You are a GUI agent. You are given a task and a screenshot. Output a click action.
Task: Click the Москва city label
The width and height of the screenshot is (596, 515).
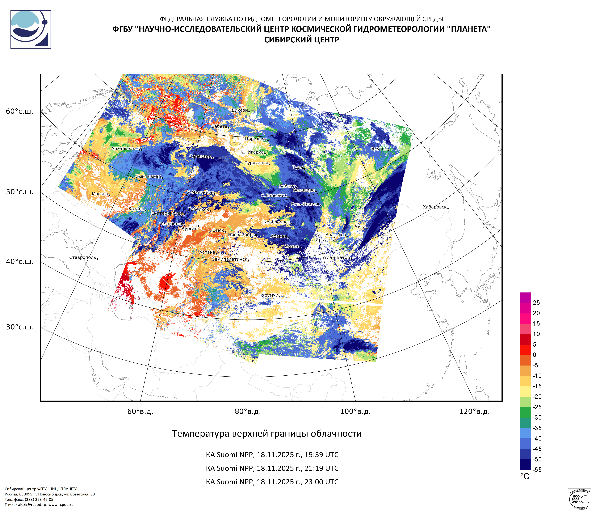tap(100, 194)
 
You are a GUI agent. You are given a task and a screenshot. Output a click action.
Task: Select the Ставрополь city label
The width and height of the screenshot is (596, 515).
tap(83, 257)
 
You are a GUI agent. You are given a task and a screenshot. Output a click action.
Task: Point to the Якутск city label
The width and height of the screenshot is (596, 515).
tap(379, 149)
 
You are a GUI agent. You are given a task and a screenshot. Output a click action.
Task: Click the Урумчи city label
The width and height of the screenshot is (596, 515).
tap(270, 295)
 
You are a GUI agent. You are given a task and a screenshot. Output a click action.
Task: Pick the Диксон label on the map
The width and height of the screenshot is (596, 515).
tap(239, 110)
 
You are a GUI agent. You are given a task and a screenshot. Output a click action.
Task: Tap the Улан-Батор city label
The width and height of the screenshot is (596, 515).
tap(337, 257)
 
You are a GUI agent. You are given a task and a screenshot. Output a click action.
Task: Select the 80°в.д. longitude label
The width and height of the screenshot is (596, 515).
tap(248, 411)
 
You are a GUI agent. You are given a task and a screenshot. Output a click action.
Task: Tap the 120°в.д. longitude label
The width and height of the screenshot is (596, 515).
tap(474, 411)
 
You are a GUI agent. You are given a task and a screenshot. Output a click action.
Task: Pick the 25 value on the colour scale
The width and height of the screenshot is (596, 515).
tap(536, 303)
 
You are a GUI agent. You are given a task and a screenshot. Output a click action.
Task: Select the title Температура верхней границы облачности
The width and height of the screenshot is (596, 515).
tap(267, 433)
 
